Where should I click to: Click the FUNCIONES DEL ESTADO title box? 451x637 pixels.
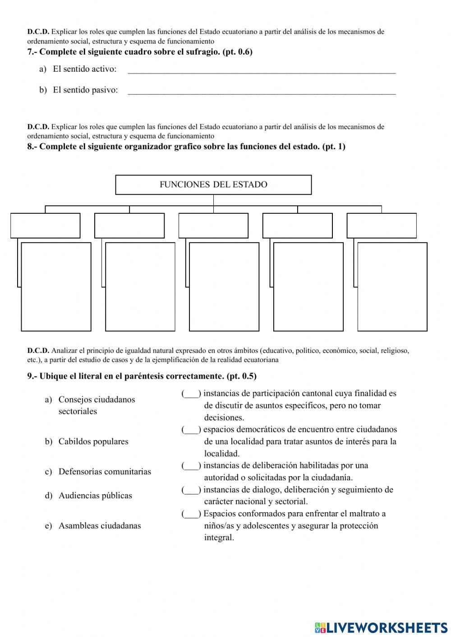coord(213,184)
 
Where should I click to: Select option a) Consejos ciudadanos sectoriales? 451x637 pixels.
coord(97,405)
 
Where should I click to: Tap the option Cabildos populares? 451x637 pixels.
coord(93,441)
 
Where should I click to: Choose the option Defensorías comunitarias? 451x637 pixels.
coord(105,472)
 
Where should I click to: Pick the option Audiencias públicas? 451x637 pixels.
coord(95,495)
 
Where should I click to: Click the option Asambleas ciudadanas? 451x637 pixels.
coord(99,526)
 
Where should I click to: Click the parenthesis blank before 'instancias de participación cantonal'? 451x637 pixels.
coord(191,394)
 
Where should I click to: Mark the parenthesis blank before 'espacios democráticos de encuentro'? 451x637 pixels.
coord(191,430)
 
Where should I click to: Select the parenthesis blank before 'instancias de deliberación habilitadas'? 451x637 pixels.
coord(191,466)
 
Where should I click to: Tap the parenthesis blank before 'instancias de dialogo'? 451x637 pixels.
coord(191,490)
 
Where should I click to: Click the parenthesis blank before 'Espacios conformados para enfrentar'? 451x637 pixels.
coord(191,513)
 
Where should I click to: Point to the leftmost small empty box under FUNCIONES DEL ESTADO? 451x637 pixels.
coord(45,225)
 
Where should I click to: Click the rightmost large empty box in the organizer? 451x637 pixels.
coord(392,287)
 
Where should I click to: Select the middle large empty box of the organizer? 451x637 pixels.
coord(224,287)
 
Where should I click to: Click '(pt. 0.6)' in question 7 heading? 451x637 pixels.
coord(237,52)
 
